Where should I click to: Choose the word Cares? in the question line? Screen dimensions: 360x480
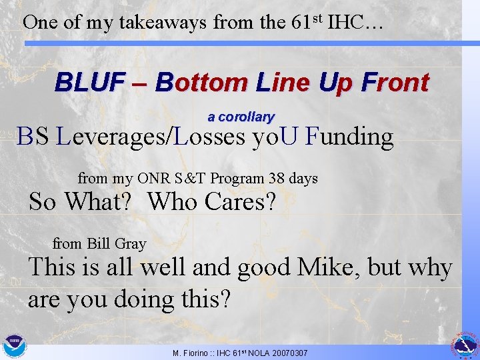tap(240, 201)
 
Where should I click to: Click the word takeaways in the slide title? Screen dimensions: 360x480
tap(163, 22)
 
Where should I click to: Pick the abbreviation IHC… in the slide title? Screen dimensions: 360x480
tap(354, 22)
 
